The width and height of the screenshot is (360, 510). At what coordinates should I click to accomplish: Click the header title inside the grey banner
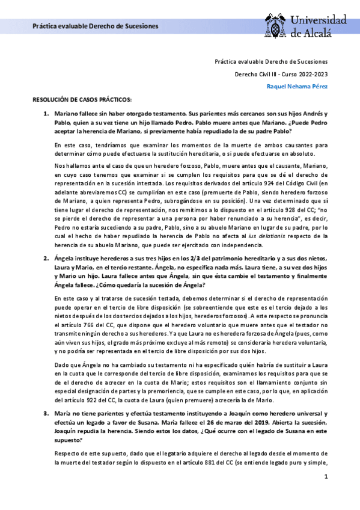point(95,27)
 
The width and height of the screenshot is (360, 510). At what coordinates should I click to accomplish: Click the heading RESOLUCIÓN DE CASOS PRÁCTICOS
point(81,99)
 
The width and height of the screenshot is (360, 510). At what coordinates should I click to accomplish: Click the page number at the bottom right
point(325,477)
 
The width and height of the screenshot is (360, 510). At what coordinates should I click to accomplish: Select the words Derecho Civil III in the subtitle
point(255,74)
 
